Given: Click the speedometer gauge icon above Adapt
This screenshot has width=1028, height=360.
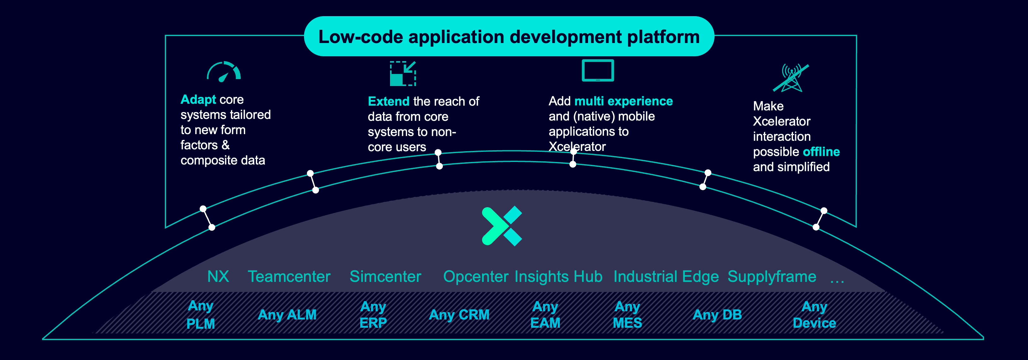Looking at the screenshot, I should coord(224,72).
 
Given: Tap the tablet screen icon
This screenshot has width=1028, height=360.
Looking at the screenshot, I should coord(598,70).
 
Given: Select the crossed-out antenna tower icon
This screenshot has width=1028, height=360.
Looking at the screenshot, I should coord(791,78).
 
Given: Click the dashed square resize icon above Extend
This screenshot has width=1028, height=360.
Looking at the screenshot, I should coord(403,73).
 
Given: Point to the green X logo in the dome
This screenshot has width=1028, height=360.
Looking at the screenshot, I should coord(502,226).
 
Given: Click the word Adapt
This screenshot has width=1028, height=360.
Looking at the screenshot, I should coord(198,99).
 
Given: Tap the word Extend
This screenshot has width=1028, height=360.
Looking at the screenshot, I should coord(388,101).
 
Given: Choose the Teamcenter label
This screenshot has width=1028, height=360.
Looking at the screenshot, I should coord(289,276).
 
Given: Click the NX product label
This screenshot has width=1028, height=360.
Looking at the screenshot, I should coord(218,276).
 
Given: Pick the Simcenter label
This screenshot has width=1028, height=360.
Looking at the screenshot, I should coord(385,276).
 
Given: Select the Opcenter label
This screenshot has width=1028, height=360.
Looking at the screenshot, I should coord(475,276).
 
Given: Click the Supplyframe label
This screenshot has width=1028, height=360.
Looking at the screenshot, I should coord(771,276).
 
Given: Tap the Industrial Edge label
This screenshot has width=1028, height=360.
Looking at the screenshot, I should coord(666,276).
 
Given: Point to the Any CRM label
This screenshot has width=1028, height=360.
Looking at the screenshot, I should coord(459,314).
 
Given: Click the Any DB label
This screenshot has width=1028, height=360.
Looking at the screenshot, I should coord(717,314).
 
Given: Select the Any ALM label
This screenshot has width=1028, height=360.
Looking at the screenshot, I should coord(287,314).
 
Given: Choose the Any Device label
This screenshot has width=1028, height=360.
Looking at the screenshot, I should coord(814,314).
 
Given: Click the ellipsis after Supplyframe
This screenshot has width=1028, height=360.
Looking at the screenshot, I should coord(837,281).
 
